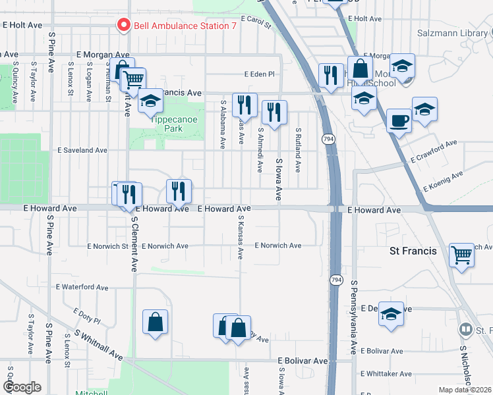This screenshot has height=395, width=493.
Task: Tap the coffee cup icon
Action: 399,120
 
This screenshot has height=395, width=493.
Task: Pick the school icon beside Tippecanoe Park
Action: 151,101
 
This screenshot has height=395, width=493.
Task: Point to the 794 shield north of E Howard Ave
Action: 328,139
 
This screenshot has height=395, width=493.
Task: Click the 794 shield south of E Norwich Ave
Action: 336,280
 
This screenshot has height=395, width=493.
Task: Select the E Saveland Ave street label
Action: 83,150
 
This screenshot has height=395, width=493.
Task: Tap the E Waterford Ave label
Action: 82,287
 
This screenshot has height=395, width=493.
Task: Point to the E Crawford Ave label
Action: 433,151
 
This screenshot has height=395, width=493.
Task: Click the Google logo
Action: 22,386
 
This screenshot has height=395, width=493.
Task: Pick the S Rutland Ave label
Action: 298,150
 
